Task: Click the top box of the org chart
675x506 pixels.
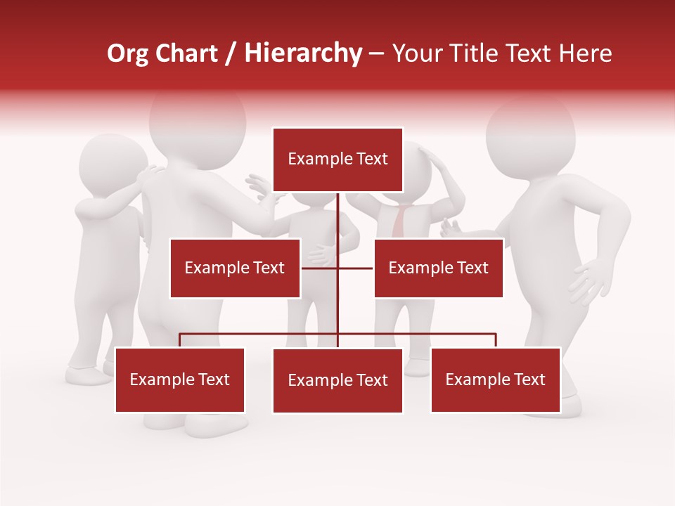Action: click(337, 160)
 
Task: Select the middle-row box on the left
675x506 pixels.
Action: click(235, 268)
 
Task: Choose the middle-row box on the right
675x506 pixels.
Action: click(438, 268)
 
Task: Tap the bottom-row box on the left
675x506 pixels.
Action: click(180, 379)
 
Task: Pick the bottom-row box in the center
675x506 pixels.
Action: click(337, 380)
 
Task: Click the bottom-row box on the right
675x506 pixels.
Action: click(495, 379)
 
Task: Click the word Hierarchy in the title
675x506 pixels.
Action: click(303, 53)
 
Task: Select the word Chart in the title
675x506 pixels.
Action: click(186, 53)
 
